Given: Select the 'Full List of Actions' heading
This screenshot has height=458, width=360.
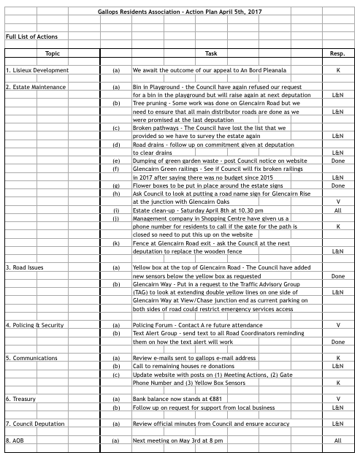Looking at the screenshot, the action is pos(31,36).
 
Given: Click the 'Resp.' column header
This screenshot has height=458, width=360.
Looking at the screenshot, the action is pos(337,54).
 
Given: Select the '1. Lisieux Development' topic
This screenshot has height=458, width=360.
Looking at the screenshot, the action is pos(37,71).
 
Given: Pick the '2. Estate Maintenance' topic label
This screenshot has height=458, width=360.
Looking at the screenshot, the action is pos(36,87).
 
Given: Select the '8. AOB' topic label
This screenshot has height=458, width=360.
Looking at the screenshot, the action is pos(18,441).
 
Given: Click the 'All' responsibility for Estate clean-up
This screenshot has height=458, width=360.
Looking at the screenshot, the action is pos(337,210).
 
